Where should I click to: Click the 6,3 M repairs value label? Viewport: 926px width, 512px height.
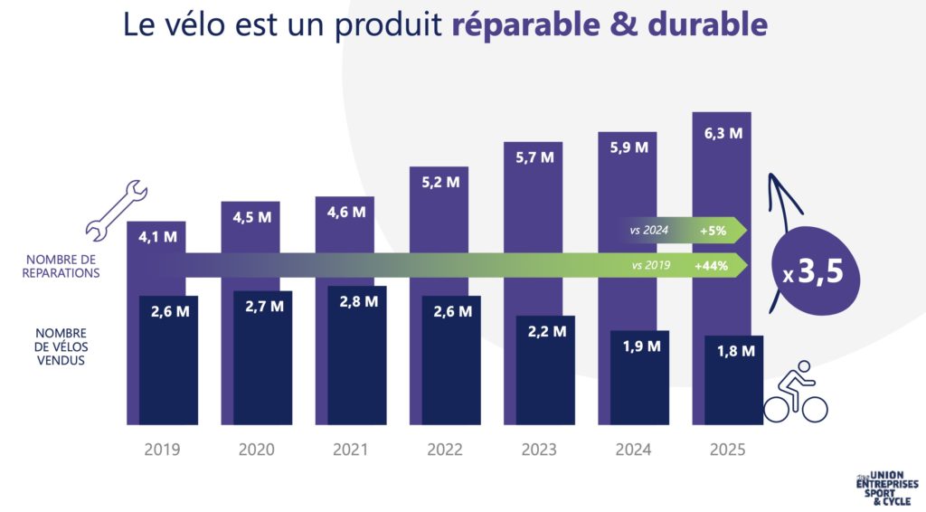(x=722, y=134)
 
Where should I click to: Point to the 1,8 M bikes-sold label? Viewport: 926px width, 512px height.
(x=734, y=351)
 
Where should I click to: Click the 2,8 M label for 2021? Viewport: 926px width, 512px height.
(x=357, y=301)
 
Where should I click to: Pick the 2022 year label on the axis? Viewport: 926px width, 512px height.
(x=445, y=450)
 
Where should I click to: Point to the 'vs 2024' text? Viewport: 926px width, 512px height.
(x=649, y=231)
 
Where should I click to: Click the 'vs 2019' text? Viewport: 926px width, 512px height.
(x=649, y=266)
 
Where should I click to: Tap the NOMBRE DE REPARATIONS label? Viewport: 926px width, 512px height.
(x=62, y=266)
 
